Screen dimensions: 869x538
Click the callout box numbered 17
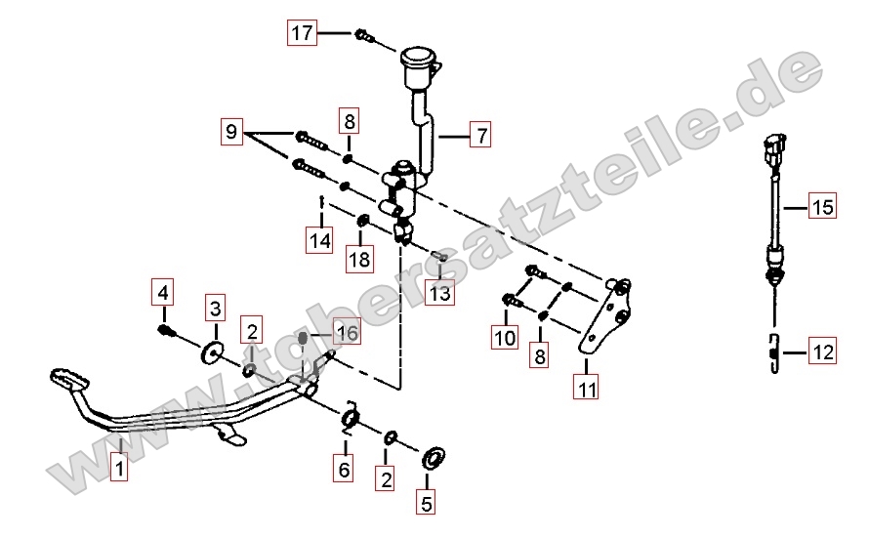coord(302,32)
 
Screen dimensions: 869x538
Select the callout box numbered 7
coord(480,135)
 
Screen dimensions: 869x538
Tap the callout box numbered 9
coord(231,132)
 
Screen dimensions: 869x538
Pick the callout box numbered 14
coord(320,240)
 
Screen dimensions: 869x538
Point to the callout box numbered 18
coord(359,259)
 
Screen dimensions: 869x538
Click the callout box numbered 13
coord(440,292)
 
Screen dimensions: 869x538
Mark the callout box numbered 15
coord(822,206)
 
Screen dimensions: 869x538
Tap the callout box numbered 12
coord(822,352)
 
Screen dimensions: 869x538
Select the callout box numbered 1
coord(119,468)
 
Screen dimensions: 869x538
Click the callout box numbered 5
coord(426,503)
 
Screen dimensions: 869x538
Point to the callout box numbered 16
coord(347,331)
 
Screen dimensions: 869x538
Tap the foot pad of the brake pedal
coord(69,379)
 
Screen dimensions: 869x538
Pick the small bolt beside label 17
coord(364,35)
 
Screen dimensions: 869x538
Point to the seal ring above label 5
coord(434,457)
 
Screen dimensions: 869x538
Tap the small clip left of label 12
coord(774,353)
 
